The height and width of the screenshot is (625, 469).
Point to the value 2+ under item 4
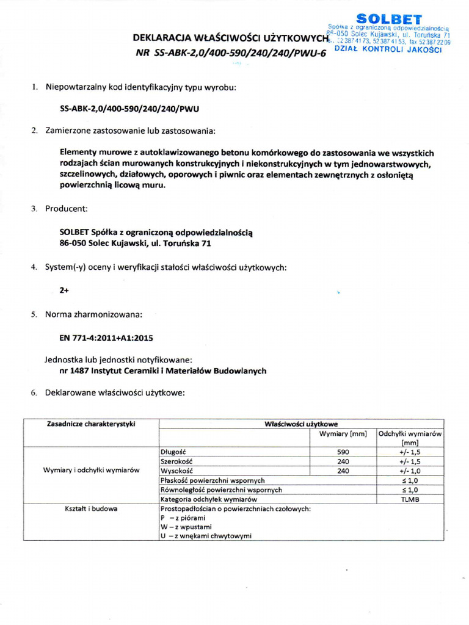pyautogui.click(x=64, y=291)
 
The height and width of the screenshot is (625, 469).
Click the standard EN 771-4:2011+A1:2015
pyautogui.click(x=106, y=338)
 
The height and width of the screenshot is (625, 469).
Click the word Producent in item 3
pyautogui.click(x=67, y=209)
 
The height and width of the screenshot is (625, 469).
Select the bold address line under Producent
pyautogui.click(x=136, y=243)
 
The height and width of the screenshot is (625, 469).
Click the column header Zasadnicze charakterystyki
pyautogui.click(x=91, y=424)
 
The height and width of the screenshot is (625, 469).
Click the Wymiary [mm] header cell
pyautogui.click(x=343, y=434)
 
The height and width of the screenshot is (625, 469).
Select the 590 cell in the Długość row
pyautogui.click(x=343, y=452)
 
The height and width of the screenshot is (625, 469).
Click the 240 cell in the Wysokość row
pyautogui.click(x=343, y=471)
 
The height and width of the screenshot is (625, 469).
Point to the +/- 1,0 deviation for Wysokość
pyautogui.click(x=410, y=471)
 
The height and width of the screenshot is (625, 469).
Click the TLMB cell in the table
pyautogui.click(x=410, y=499)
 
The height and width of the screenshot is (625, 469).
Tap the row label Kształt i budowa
pyautogui.click(x=91, y=508)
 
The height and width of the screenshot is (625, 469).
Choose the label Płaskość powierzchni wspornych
pyautogui.click(x=212, y=480)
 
